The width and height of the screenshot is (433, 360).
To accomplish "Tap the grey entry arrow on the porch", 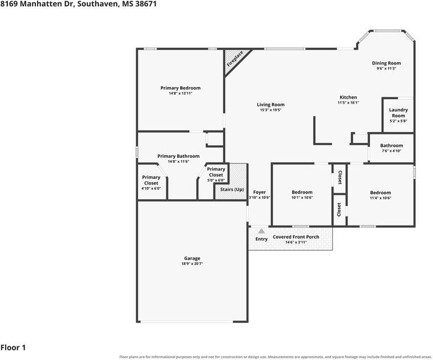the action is click(262, 231).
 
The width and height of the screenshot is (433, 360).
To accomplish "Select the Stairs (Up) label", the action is click(232, 189).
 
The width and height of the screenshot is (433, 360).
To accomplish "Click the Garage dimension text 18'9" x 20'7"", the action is click(192, 264).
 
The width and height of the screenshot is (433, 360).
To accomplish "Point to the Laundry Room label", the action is click(398, 113).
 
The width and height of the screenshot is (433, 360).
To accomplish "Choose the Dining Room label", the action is click(386, 63).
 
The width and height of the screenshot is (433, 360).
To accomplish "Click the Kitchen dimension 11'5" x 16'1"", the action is click(348, 103).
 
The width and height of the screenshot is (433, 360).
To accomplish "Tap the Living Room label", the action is click(271, 104).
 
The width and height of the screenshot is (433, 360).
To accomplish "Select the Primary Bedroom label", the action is click(181, 88).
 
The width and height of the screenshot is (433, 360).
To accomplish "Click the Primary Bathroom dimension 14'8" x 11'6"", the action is click(178, 162).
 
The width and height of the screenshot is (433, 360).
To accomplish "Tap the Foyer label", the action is click(259, 192).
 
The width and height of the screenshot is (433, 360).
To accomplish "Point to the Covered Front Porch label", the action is click(296, 237).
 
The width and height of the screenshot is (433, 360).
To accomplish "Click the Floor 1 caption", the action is click(13, 347).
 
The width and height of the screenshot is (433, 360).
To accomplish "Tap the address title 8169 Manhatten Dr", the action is click(37, 4).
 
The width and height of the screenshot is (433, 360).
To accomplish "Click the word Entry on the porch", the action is click(262, 239).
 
